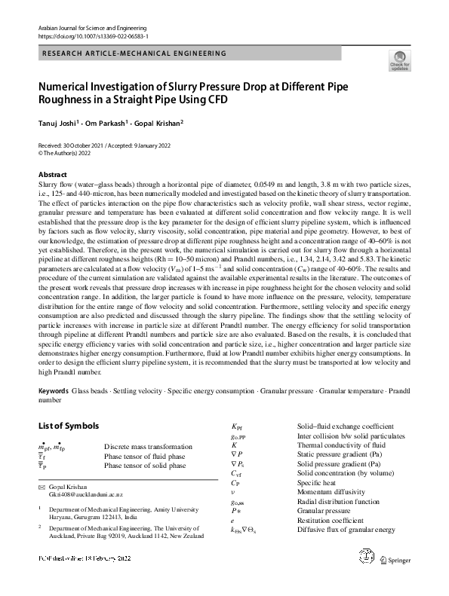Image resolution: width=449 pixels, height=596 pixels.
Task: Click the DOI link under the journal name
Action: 93,35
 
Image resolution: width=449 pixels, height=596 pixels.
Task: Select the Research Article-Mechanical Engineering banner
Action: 134,53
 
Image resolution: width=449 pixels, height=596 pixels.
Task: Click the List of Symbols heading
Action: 69,426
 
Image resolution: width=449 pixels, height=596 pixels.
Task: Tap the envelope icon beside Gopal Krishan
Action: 42,488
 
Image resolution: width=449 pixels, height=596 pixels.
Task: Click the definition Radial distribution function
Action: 338,501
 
